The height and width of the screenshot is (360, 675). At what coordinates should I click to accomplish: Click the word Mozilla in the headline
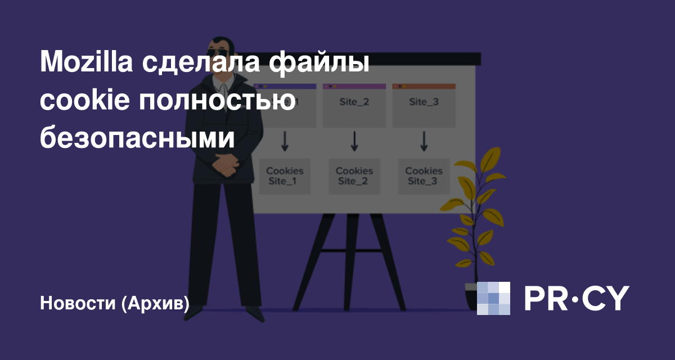pyautogui.click(x=86, y=62)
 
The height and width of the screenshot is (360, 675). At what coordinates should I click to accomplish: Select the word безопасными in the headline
pyautogui.click(x=137, y=138)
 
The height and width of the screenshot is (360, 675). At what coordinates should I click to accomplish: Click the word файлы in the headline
pyautogui.click(x=319, y=62)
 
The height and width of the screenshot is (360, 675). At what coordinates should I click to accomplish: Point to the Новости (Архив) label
pyautogui.click(x=115, y=303)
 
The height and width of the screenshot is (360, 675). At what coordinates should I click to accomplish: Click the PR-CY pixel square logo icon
pyautogui.click(x=493, y=298)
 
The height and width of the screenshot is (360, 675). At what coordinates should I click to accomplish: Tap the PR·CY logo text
pyautogui.click(x=577, y=298)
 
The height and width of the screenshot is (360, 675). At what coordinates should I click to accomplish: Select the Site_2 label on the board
pyautogui.click(x=354, y=102)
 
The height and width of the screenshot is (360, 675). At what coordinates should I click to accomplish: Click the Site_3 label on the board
pyautogui.click(x=424, y=102)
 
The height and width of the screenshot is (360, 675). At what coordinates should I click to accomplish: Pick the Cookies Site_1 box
pyautogui.click(x=285, y=176)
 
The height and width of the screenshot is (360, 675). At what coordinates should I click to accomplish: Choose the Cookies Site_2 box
pyautogui.click(x=354, y=176)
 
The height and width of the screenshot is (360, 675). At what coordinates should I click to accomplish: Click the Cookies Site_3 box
pyautogui.click(x=424, y=176)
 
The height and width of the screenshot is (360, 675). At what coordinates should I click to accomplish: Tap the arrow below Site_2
pyautogui.click(x=354, y=141)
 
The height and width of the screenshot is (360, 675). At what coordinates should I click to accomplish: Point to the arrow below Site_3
pyautogui.click(x=424, y=141)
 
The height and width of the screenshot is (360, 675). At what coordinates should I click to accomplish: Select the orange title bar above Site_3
pyautogui.click(x=424, y=87)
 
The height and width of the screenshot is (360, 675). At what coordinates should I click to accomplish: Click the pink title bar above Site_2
pyautogui.click(x=354, y=87)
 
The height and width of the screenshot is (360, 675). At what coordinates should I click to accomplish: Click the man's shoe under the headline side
pyautogui.click(x=193, y=313)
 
